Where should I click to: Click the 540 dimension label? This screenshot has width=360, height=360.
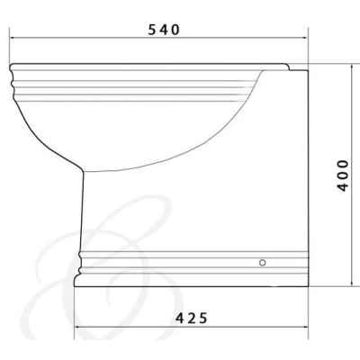pos(164,30)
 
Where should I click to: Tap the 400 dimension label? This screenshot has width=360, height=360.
pos(343,175)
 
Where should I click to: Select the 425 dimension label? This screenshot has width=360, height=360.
pos(192,318)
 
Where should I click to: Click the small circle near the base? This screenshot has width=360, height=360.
pos(263,263)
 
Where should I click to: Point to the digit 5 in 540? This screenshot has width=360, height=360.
pos(153,30)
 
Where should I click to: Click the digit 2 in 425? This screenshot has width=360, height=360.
pos(192,318)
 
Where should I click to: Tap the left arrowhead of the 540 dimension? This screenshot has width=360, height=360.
pos(12,38)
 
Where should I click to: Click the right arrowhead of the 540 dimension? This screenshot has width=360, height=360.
pos(306,38)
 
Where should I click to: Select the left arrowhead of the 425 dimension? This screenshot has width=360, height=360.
pos(76,327)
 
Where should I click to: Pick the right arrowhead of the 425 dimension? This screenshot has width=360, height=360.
pos(306,327)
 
